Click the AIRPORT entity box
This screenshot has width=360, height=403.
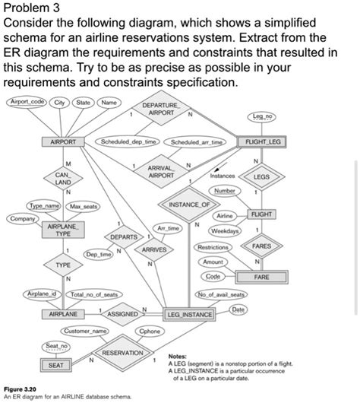point(63,141)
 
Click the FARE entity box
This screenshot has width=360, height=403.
point(261,278)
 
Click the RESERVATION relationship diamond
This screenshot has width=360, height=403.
point(123,354)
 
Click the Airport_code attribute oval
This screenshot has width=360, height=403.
point(26,102)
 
